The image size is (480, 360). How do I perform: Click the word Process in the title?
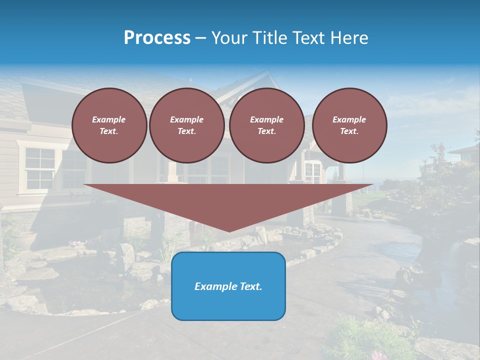[157, 38]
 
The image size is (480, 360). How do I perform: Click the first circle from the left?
[109, 125]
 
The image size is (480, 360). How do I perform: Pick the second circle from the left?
[187, 125]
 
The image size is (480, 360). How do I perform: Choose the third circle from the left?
[267, 125]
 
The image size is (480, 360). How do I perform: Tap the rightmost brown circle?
[349, 125]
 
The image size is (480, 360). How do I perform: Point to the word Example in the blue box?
[213, 286]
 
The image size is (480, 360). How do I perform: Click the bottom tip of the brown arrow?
[229, 230]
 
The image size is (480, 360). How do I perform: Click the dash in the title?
[201, 38]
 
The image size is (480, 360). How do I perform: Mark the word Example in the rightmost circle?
[349, 119]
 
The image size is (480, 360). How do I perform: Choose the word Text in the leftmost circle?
[108, 131]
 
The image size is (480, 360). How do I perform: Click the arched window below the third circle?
[313, 172]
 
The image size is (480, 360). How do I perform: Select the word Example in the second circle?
[187, 119]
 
